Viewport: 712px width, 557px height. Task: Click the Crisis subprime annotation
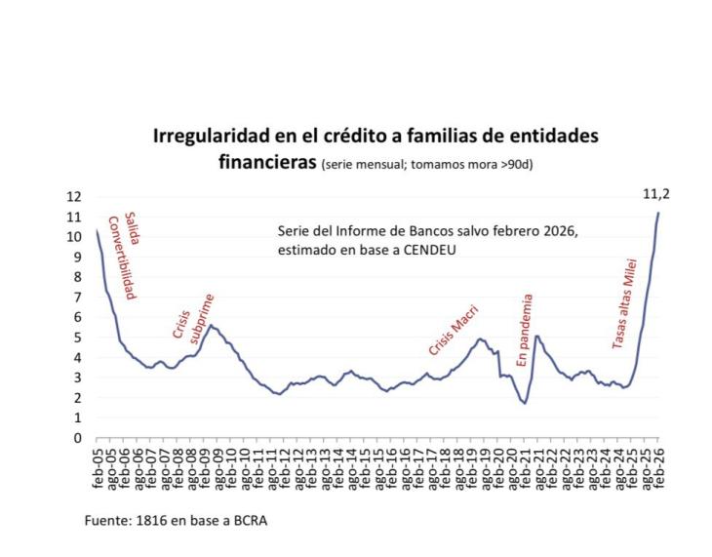(193, 318)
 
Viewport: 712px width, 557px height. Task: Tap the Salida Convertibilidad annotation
(120, 256)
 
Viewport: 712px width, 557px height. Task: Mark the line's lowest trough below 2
(525, 402)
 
